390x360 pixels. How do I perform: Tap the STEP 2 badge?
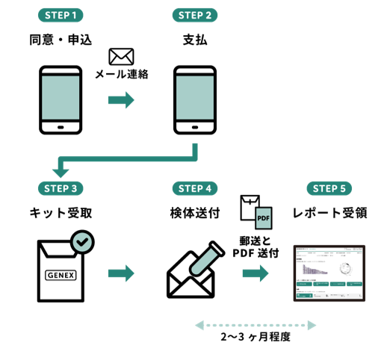point(195,14)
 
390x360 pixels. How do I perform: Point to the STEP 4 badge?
point(195,187)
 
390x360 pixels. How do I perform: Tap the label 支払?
point(195,38)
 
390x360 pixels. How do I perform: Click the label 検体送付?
point(195,212)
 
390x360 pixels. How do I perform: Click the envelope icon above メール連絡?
point(121,57)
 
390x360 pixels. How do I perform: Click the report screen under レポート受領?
point(329,272)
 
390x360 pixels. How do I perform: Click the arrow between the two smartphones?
point(121,99)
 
